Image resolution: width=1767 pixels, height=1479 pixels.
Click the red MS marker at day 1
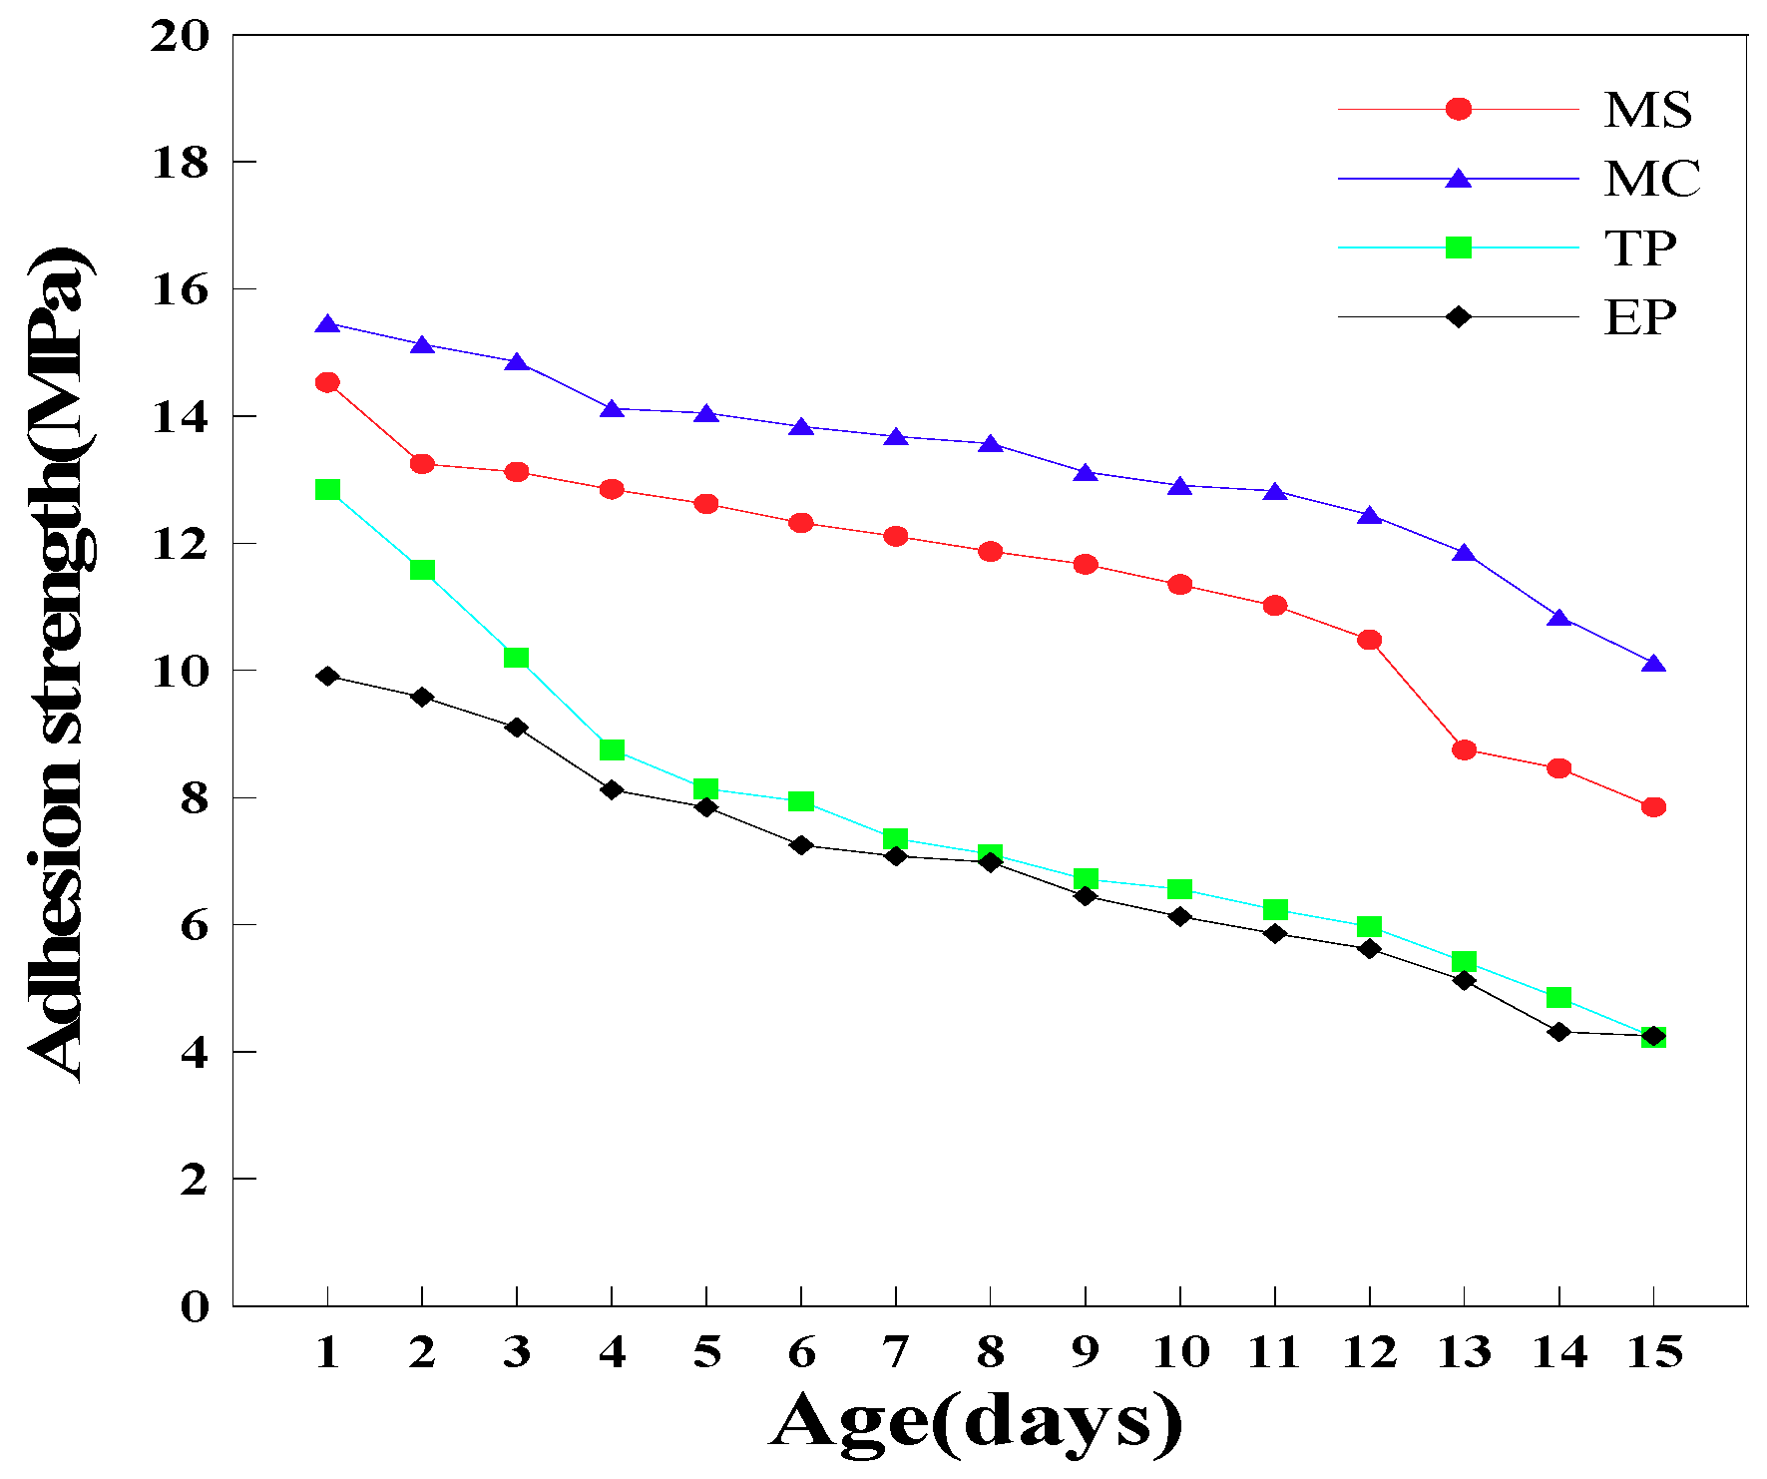point(327,382)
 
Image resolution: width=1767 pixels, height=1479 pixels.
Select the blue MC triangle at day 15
point(1653,665)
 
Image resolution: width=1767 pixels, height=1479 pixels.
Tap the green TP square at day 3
point(516,658)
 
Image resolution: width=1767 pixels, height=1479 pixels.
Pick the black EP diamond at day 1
point(327,677)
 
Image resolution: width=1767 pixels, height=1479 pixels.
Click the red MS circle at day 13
point(1464,749)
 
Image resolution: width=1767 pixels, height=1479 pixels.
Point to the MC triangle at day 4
point(612,409)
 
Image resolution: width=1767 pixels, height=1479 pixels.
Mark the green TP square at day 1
point(327,489)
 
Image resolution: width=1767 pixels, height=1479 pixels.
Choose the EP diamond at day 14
point(1558,1032)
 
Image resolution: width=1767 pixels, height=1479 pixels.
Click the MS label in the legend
point(1647,110)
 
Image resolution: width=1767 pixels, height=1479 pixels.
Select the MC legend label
point(1651,179)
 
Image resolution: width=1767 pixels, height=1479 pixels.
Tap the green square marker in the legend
point(1459,247)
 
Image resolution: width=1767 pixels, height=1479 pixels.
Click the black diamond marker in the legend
point(1459,317)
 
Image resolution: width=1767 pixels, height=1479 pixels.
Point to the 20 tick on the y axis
point(181,37)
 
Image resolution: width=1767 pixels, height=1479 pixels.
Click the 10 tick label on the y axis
point(181,671)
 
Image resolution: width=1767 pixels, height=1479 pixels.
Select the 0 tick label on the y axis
point(195,1306)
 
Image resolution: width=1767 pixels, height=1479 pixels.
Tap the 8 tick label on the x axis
point(990,1353)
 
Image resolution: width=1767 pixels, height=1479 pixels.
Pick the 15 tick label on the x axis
point(1654,1353)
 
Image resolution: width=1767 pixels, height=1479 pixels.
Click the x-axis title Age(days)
point(976,1422)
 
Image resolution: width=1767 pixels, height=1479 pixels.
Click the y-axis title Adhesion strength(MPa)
point(60,664)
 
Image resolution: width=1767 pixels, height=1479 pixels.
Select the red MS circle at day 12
point(1369,640)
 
